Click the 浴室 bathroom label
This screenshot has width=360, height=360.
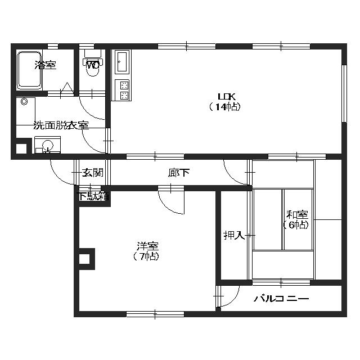[46, 65]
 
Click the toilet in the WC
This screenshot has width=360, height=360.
[92, 65]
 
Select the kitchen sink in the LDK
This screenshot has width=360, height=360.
[122, 62]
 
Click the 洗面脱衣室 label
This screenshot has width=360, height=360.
[61, 125]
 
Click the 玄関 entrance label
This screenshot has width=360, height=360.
[92, 173]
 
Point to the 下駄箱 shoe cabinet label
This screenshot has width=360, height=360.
[92, 196]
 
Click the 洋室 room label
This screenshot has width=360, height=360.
[147, 246]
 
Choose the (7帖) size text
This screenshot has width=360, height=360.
[147, 256]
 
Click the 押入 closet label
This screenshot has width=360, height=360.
[233, 235]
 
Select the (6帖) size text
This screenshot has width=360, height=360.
[296, 224]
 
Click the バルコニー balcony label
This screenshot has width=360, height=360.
[281, 299]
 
